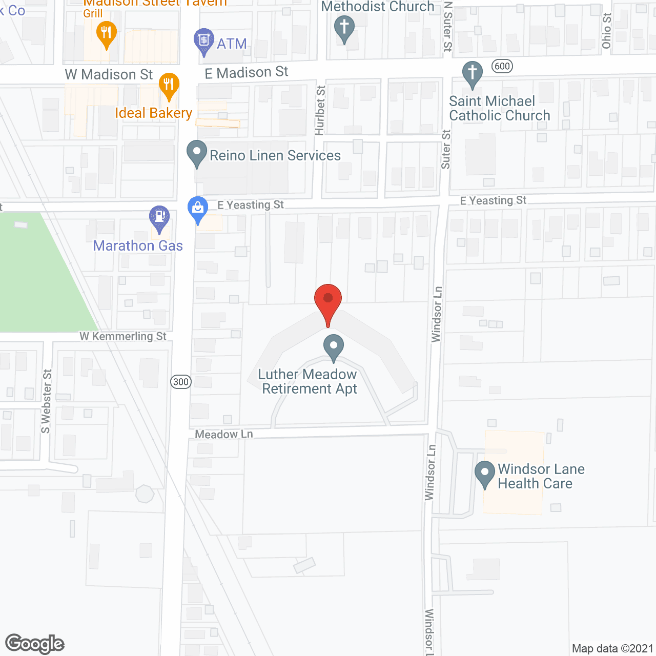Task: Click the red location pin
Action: [x=327, y=300]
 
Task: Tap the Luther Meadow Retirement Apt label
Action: [x=308, y=382]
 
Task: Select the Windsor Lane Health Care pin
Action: [x=484, y=474]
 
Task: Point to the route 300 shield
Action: [x=180, y=381]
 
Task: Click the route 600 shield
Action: [x=502, y=66]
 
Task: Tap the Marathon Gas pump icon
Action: [x=159, y=217]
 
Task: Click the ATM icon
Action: [x=204, y=40]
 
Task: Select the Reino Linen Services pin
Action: [x=196, y=152]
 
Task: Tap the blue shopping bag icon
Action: [x=198, y=209]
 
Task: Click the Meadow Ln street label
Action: [x=224, y=435]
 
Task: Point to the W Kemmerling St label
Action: [x=123, y=336]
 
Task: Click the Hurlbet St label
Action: [x=320, y=110]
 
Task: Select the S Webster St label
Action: [x=46, y=401]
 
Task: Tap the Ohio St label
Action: [x=607, y=31]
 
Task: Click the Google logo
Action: [x=35, y=644]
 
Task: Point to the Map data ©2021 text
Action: [x=612, y=648]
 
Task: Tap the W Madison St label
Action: [x=109, y=75]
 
